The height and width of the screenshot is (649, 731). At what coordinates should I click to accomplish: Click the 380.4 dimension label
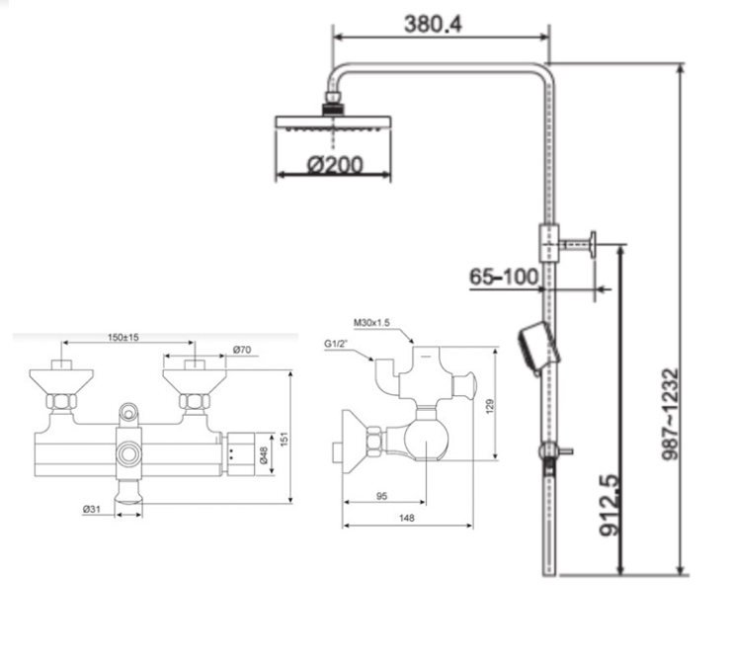click(433, 25)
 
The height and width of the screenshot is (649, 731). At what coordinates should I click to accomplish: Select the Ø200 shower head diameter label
click(334, 165)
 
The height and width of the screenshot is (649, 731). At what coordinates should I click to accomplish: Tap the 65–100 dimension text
click(504, 277)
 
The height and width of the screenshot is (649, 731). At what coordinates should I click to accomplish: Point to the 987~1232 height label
click(672, 414)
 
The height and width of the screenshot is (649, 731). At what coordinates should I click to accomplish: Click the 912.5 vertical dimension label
click(610, 505)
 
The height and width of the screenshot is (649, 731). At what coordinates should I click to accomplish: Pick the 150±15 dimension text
click(123, 337)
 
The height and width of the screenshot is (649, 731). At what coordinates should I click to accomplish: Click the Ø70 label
click(242, 350)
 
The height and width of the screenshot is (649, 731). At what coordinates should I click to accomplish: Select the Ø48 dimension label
click(264, 455)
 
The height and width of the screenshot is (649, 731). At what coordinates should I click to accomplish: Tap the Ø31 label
click(91, 509)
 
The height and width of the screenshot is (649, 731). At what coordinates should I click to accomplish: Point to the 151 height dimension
click(284, 440)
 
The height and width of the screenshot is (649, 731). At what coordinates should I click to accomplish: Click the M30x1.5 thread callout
click(371, 322)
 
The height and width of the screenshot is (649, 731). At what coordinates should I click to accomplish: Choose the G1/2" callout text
click(337, 344)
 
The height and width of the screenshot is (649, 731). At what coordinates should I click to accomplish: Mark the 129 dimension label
click(489, 407)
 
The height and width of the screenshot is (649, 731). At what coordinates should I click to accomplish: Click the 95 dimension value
click(382, 496)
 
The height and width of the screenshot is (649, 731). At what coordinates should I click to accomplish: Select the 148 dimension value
click(407, 518)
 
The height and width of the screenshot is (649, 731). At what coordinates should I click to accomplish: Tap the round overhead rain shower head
click(333, 123)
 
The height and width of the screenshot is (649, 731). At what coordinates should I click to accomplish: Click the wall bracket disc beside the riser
click(593, 244)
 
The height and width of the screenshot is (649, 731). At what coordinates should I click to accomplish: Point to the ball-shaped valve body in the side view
click(426, 439)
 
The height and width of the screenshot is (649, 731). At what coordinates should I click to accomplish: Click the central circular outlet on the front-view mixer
click(128, 454)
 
